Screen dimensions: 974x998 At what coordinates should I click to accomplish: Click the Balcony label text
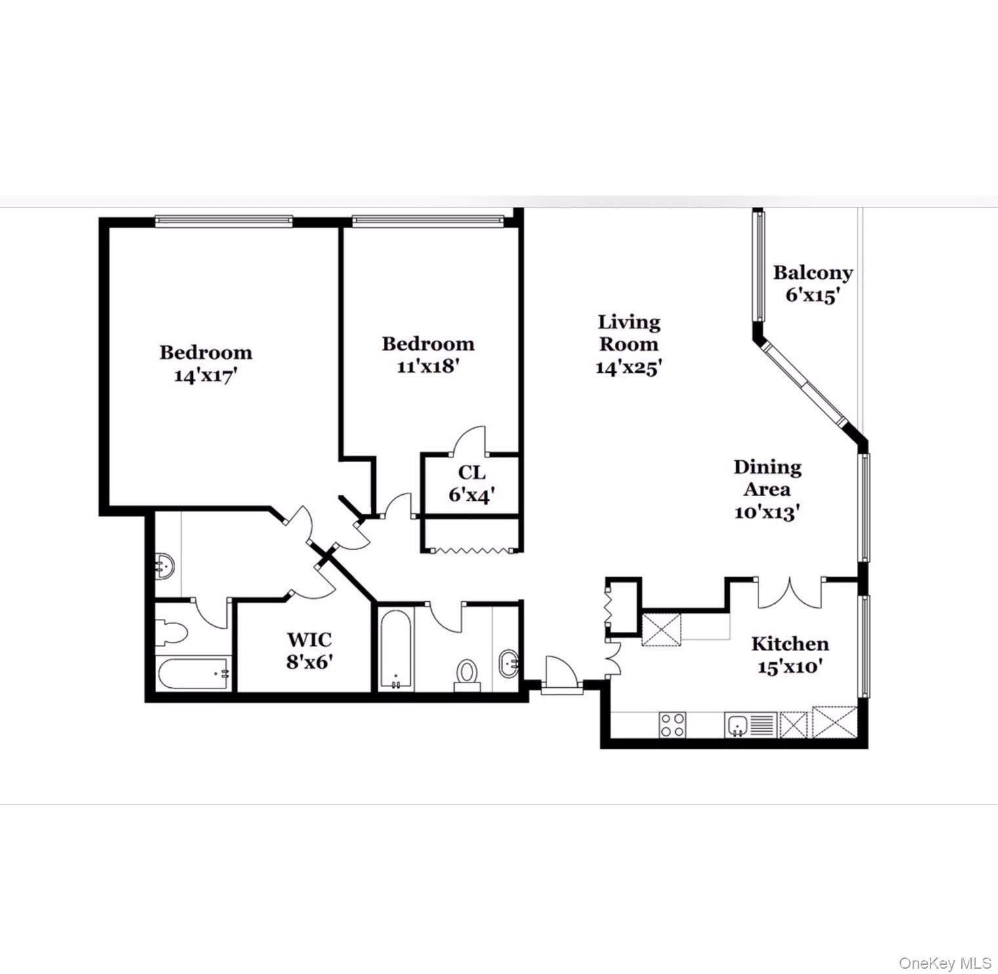[x=812, y=272]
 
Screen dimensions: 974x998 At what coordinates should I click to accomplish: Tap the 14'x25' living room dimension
[x=628, y=368]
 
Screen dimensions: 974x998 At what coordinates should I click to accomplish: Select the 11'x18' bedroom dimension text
[x=427, y=366]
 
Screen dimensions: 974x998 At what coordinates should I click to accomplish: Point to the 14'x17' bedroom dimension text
[x=205, y=375]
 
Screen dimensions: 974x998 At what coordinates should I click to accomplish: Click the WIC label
[x=309, y=639]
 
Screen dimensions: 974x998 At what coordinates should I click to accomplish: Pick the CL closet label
[x=472, y=473]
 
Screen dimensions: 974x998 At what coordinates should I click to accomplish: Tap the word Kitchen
[x=789, y=644]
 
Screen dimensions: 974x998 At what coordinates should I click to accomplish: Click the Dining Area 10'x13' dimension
[x=766, y=512]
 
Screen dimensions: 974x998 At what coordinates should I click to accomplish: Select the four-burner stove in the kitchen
[x=673, y=725]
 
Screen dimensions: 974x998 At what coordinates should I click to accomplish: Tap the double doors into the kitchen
[x=789, y=593]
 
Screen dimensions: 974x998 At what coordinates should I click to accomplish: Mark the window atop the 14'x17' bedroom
[x=224, y=221]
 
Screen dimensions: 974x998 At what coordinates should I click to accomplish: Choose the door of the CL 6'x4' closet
[x=469, y=441]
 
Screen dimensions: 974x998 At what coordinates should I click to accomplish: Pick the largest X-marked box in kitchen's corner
[x=835, y=723]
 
